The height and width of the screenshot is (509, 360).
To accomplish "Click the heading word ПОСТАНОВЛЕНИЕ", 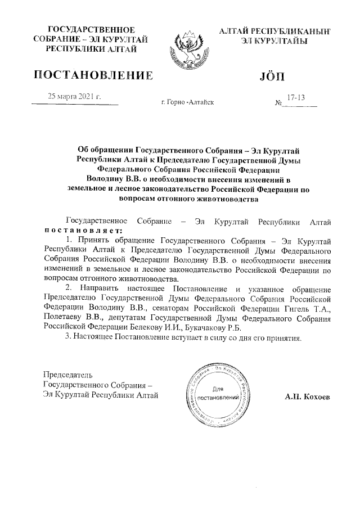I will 94,75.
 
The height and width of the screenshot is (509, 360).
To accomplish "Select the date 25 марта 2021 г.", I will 75,96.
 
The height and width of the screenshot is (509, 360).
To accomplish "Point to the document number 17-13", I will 295,97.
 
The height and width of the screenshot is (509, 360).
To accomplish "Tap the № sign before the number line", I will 278,103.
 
